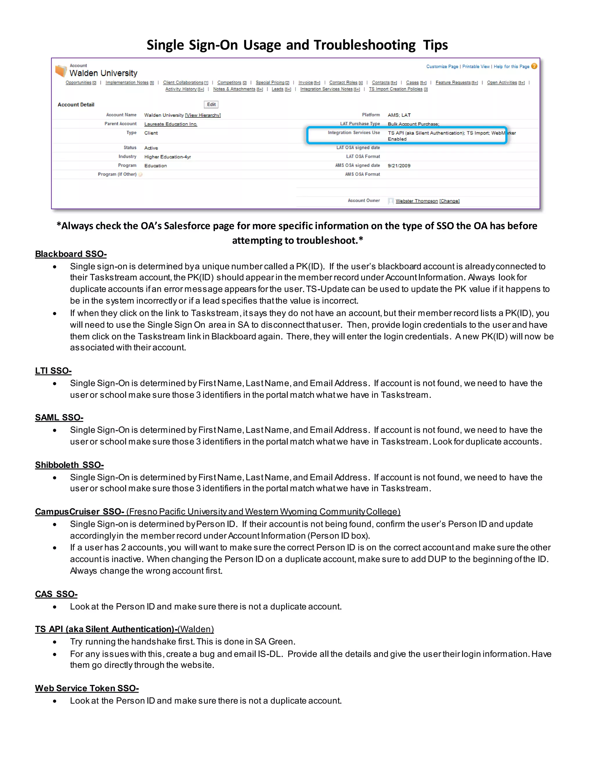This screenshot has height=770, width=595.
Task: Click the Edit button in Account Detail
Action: [x=211, y=104]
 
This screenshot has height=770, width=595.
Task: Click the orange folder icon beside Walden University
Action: [x=61, y=71]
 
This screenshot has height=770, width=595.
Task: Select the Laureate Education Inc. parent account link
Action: [x=171, y=124]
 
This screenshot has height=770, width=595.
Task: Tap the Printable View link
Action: [x=476, y=66]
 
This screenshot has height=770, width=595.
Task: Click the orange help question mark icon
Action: [x=534, y=66]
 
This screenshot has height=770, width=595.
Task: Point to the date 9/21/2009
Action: [x=399, y=166]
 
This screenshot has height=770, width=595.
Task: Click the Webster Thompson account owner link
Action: [x=416, y=201]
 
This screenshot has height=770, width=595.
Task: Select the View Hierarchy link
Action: [x=203, y=115]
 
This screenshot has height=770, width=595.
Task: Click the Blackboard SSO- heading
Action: [x=71, y=254]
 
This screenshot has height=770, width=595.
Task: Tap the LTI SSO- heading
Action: [x=53, y=370]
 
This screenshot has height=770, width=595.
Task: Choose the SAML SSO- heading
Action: [x=59, y=418]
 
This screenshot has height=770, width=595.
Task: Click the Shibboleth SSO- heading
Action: [x=69, y=465]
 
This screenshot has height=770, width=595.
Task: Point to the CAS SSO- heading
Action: [x=56, y=594]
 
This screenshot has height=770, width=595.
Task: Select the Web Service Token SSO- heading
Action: [x=87, y=688]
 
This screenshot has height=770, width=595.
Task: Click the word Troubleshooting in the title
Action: [x=365, y=45]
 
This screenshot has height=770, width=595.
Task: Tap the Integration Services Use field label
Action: [x=354, y=132]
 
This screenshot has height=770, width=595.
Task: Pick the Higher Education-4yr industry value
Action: [x=167, y=157]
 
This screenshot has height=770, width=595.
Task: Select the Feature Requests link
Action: [x=453, y=83]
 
